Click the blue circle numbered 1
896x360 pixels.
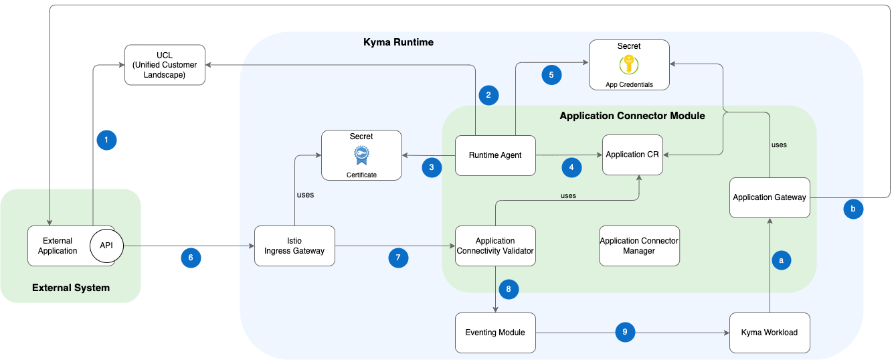tap(106, 140)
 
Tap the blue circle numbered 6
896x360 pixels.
tap(191, 258)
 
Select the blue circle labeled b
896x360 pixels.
tap(853, 209)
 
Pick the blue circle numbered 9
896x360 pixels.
tap(625, 331)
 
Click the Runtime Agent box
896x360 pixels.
tap(495, 155)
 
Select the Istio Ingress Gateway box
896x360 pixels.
tap(294, 246)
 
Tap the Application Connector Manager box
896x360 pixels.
tap(639, 246)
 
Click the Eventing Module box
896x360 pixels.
tap(495, 333)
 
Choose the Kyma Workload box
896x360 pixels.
tap(770, 333)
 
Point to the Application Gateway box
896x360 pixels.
tap(770, 197)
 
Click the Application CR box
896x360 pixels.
tap(632, 155)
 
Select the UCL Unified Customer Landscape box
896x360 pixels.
tap(165, 65)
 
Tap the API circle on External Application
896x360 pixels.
tap(106, 246)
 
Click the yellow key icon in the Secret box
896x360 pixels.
tap(629, 65)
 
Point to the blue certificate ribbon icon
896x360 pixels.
tap(361, 155)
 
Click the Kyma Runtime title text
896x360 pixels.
tap(398, 42)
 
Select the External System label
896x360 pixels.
tap(71, 288)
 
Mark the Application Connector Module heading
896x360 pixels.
tap(632, 116)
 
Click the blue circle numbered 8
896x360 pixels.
tap(509, 289)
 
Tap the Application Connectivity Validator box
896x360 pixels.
tap(495, 246)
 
